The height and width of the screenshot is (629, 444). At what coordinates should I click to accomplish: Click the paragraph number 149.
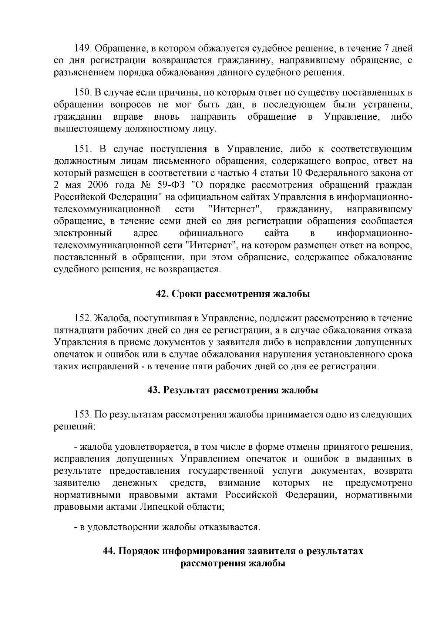[82, 49]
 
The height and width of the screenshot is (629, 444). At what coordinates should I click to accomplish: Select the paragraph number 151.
[82, 149]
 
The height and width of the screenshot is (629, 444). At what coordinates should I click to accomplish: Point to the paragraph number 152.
[82, 318]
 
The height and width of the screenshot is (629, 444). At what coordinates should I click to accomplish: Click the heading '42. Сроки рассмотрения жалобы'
[233, 294]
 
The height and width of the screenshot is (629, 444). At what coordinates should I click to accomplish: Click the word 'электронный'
[83, 233]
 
